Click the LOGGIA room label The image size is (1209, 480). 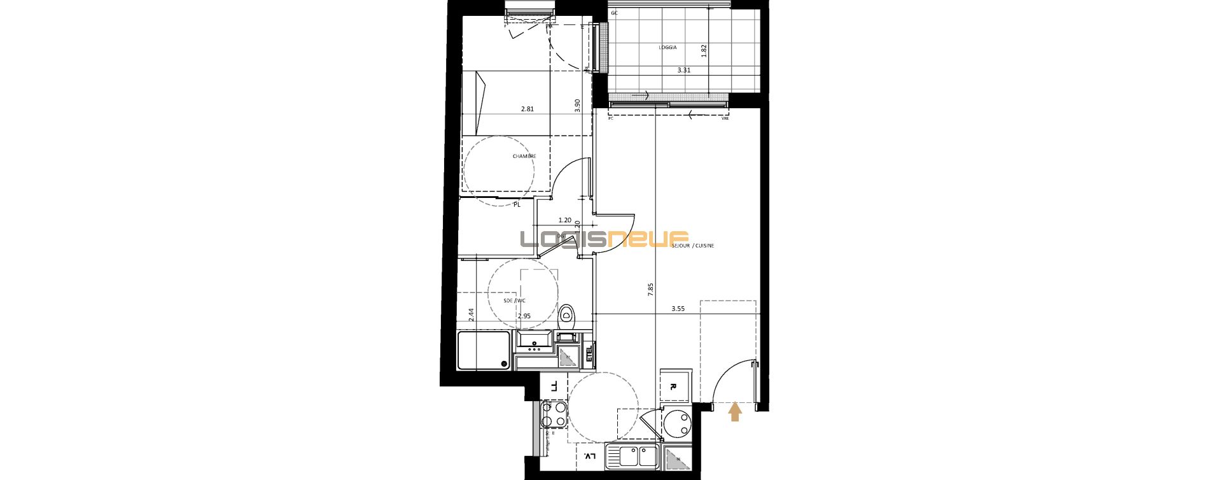(667, 48)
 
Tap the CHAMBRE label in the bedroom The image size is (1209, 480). (524, 156)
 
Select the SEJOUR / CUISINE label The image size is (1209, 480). (692, 245)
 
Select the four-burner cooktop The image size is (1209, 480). (554, 414)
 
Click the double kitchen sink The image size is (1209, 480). (631, 456)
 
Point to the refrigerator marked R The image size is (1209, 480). (673, 386)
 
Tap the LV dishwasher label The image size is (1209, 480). (589, 456)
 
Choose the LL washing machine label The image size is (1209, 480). (554, 386)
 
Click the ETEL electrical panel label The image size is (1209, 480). (589, 353)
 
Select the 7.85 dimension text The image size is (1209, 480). (650, 290)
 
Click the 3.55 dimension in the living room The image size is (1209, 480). (678, 309)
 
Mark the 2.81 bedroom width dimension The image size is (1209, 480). (527, 109)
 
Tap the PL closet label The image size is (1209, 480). (517, 205)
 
